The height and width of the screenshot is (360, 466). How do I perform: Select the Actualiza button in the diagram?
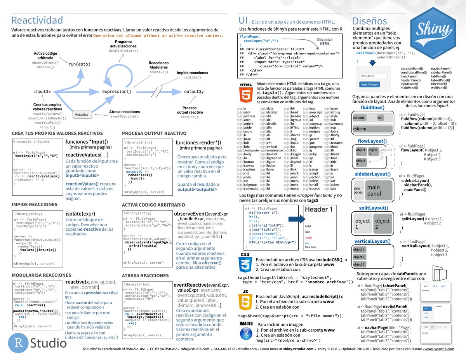tap(82, 115)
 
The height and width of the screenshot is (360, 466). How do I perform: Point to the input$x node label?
tap(42, 92)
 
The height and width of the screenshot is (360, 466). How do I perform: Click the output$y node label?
tap(194, 92)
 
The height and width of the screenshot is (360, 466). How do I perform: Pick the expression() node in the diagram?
tap(116, 92)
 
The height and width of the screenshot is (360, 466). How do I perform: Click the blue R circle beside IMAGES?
tap(245, 333)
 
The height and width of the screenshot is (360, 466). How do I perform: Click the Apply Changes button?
tap(369, 84)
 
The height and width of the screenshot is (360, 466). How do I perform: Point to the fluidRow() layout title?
tap(372, 108)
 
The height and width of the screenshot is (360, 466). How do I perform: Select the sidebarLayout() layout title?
tap(372, 174)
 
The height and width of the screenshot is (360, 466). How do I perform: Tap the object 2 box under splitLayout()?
tap(382, 223)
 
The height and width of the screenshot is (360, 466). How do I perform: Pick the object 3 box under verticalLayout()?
tap(359, 264)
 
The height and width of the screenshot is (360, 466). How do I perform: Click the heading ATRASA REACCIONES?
tap(145, 276)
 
